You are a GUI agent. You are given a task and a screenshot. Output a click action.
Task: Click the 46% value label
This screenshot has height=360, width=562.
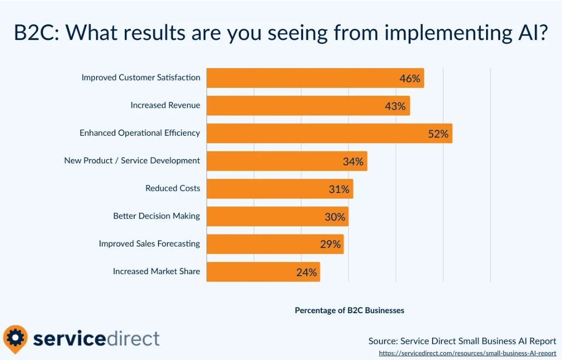pyautogui.click(x=410, y=79)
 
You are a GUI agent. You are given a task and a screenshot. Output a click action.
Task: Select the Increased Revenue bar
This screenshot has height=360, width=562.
pyautogui.click(x=308, y=106)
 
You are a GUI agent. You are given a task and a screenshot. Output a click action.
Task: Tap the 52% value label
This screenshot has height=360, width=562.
pyautogui.click(x=438, y=134)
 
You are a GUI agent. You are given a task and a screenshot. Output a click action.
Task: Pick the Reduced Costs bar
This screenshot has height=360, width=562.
pyautogui.click(x=280, y=189)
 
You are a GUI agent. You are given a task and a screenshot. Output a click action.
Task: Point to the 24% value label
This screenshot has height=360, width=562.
pyautogui.click(x=306, y=272)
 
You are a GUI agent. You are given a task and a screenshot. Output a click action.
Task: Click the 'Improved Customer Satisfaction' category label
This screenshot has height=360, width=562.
pyautogui.click(x=140, y=78)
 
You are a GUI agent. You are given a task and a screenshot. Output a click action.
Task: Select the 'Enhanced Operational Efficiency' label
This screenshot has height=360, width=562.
pyautogui.click(x=139, y=133)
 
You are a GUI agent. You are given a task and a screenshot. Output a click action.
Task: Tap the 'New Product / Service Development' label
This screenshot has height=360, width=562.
pyautogui.click(x=132, y=161)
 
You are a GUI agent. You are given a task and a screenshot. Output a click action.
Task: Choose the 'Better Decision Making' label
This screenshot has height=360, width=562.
pyautogui.click(x=156, y=216)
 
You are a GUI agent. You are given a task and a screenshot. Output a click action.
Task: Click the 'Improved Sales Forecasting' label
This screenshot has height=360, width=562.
pyautogui.click(x=149, y=243)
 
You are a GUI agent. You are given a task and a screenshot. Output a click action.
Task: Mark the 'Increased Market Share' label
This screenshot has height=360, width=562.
pyautogui.click(x=156, y=271)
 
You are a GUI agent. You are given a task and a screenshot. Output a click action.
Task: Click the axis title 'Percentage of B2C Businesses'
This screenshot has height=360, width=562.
pyautogui.click(x=349, y=311)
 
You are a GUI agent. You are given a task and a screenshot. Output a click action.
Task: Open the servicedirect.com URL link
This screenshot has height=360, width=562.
pyautogui.click(x=467, y=353)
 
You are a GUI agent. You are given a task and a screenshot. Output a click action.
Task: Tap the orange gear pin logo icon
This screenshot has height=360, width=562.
pyautogui.click(x=15, y=339)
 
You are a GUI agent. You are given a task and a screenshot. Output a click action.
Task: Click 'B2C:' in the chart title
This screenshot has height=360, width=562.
pyautogui.click(x=36, y=33)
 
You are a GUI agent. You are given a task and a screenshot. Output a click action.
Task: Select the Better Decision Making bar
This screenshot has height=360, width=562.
pyautogui.click(x=277, y=216)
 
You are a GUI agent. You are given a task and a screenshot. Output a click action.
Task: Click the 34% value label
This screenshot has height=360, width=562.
pyautogui.click(x=353, y=162)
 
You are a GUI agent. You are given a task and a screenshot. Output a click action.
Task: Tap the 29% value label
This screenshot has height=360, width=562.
pyautogui.click(x=330, y=244)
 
